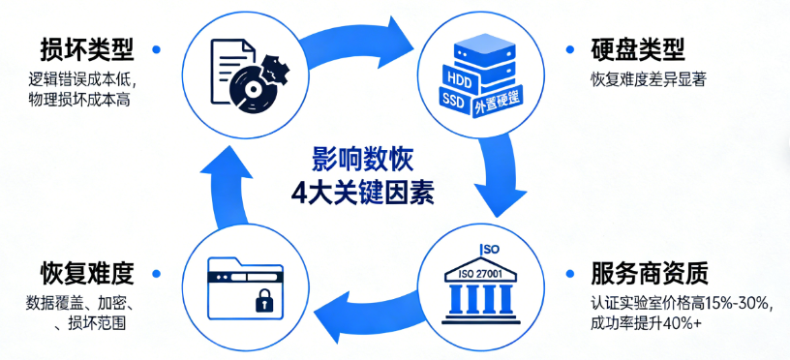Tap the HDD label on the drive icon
tap(455, 76)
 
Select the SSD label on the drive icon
tap(454, 99)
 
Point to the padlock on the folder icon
tap(263, 302)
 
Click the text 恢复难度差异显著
tap(648, 80)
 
